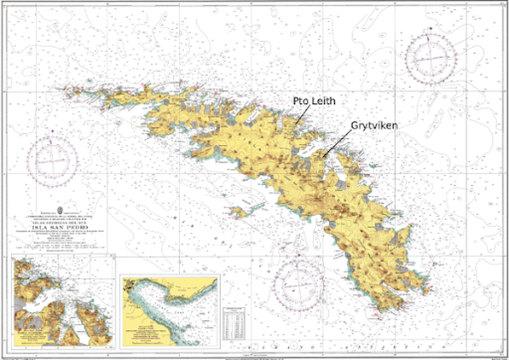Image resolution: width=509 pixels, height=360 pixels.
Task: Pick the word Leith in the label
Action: pyautogui.click(x=328, y=101)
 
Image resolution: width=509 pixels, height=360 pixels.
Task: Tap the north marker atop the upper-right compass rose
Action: pyautogui.click(x=429, y=29)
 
